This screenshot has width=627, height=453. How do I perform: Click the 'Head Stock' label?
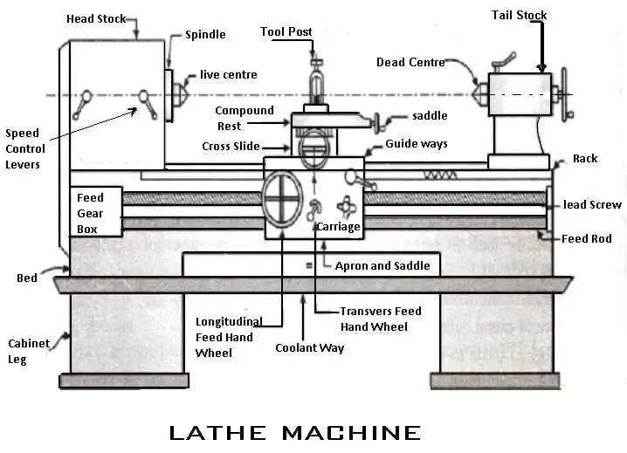(x=96, y=18)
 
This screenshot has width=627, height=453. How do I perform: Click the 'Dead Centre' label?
(x=410, y=62)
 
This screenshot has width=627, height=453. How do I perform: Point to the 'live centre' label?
(x=228, y=75)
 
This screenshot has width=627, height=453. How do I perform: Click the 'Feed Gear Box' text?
(x=90, y=213)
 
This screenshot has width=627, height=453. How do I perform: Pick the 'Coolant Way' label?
(x=309, y=347)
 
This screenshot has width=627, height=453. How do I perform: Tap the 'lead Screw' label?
(x=593, y=205)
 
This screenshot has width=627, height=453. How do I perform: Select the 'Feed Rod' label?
(x=586, y=238)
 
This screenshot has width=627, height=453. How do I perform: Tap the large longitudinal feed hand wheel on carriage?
(x=281, y=202)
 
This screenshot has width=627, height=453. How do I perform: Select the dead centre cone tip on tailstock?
(x=477, y=89)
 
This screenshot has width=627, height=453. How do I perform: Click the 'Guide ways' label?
(x=416, y=144)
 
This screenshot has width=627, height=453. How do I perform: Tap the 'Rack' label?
(x=584, y=159)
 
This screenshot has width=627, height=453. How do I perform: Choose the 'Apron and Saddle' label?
(x=382, y=265)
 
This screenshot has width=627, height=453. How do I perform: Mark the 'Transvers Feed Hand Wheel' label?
(x=380, y=319)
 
